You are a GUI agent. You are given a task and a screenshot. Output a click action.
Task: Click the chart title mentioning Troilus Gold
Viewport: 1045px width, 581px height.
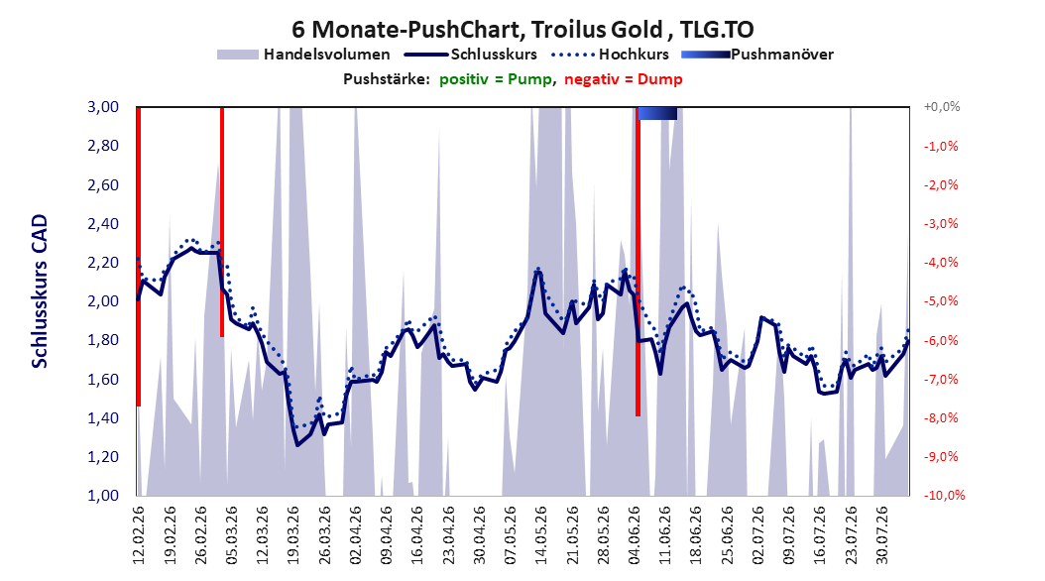[522, 30]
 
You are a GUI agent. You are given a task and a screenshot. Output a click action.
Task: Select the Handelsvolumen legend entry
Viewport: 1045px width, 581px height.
[303, 55]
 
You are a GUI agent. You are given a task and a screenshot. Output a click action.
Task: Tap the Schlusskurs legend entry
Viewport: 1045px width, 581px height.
[471, 55]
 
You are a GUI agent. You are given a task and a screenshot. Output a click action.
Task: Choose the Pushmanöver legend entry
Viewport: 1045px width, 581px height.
[757, 55]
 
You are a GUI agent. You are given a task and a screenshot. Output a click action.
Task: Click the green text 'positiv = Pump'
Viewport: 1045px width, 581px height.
[496, 79]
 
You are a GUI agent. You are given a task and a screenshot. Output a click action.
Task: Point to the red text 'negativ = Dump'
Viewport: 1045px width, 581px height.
[624, 79]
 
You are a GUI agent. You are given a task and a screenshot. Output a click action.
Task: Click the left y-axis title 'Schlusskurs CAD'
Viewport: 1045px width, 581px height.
[40, 291]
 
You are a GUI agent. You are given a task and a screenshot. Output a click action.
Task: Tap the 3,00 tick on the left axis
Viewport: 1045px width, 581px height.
[103, 107]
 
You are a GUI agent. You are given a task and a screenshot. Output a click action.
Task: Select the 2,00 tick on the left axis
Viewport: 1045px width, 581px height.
[103, 301]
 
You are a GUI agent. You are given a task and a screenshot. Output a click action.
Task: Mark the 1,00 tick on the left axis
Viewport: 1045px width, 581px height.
[103, 495]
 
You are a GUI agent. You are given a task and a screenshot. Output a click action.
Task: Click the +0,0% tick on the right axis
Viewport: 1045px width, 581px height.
[942, 107]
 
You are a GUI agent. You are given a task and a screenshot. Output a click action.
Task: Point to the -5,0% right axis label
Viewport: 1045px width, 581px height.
[941, 301]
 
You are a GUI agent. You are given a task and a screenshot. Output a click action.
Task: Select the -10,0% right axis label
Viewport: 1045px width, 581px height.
[944, 495]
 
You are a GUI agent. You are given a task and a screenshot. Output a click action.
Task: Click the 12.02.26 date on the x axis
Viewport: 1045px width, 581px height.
[139, 535]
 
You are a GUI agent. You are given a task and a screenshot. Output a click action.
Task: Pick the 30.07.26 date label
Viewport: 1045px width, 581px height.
[881, 535]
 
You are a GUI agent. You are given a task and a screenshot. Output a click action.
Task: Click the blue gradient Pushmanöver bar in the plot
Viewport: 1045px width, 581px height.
[657, 114]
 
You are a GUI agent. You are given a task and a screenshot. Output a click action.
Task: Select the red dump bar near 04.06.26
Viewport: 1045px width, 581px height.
[638, 262]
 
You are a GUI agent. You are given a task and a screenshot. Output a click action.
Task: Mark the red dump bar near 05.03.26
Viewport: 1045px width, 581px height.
[222, 222]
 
